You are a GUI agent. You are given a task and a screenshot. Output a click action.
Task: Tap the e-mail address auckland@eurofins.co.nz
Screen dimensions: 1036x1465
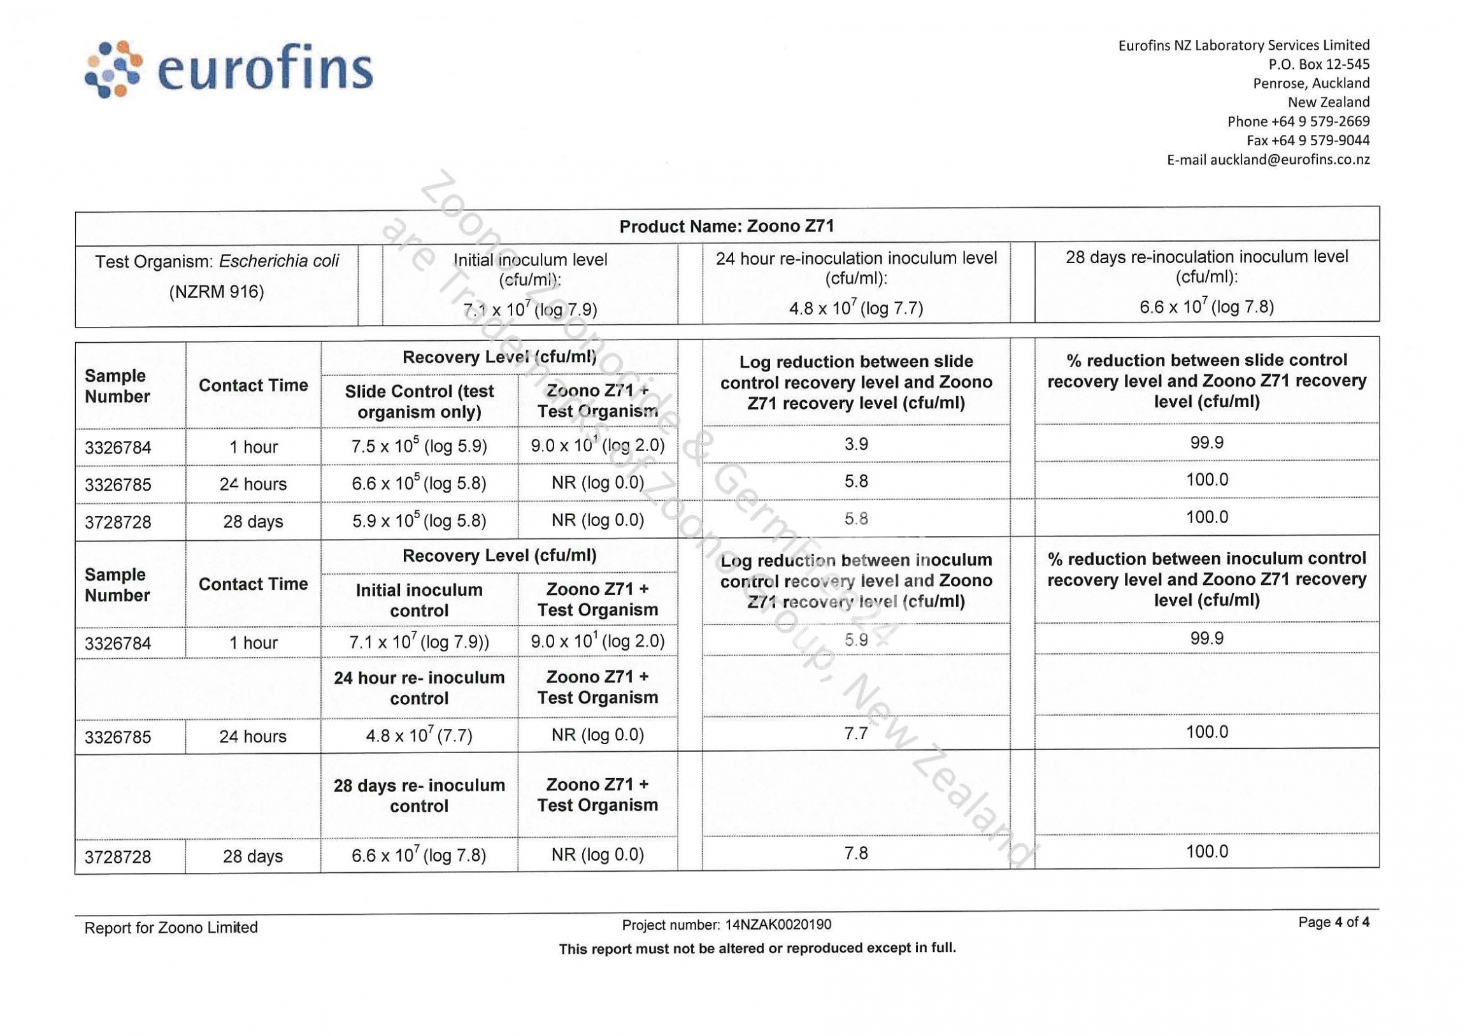tap(1268, 159)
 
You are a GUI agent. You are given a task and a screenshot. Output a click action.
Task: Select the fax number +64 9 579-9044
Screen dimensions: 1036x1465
tap(1308, 140)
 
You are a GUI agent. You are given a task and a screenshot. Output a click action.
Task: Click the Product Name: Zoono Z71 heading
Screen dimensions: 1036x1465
tap(726, 226)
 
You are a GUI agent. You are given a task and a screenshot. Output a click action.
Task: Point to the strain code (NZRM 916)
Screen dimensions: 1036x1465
tap(217, 292)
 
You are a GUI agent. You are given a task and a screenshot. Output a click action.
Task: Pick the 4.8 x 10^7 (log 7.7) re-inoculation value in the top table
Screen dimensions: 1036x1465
tap(855, 308)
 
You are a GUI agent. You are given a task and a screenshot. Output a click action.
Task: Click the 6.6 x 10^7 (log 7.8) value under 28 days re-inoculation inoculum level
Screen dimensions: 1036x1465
tap(1206, 307)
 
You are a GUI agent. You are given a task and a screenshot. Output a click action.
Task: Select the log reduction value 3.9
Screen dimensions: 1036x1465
tap(855, 443)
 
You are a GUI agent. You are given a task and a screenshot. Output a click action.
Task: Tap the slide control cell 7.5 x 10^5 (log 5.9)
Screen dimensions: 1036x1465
tap(418, 445)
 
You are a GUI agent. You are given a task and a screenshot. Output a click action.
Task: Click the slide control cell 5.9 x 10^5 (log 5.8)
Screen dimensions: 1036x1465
tap(418, 521)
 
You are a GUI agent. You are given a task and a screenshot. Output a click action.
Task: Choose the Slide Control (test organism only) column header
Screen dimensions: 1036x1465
tap(418, 401)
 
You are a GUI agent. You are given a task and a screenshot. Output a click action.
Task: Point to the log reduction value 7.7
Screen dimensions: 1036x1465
tap(855, 733)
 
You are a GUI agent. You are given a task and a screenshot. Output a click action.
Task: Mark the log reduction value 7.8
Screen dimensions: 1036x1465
tap(855, 853)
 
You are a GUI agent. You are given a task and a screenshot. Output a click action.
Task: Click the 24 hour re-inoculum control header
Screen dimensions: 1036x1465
tap(418, 687)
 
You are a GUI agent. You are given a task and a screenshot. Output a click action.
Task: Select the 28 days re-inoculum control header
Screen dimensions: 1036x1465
tap(418, 795)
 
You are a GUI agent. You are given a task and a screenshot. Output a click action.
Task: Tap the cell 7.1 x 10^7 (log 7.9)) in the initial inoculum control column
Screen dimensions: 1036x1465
tap(418, 642)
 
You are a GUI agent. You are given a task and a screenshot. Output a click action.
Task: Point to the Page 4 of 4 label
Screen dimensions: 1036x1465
tap(1334, 923)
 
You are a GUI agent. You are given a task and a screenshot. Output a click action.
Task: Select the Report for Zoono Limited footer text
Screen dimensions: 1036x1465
tap(171, 928)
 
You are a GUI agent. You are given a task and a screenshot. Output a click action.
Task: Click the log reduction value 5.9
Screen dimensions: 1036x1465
tap(855, 640)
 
